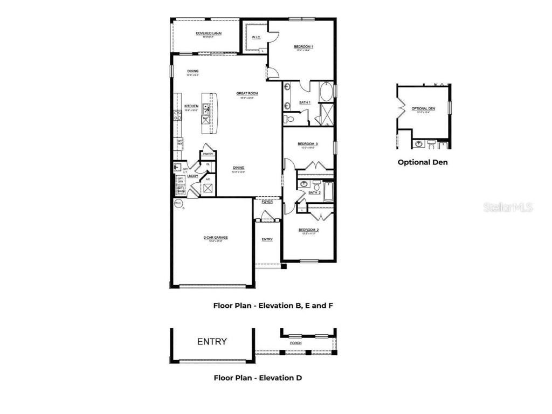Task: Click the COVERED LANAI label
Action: [x=208, y=33]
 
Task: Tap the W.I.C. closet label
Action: [x=256, y=37]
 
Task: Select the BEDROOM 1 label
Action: [x=303, y=47]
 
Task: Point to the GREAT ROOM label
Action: [x=247, y=93]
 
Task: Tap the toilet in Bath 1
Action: [x=289, y=118]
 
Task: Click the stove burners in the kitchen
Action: [x=177, y=114]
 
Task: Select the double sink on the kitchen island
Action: [x=206, y=109]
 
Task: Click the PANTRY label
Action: [x=208, y=154]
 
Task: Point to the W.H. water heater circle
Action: [x=178, y=204]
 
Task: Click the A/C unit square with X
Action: [x=208, y=188]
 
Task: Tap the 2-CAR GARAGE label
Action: [x=212, y=238]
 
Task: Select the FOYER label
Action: [x=267, y=202]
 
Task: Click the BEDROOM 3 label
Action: [x=308, y=144]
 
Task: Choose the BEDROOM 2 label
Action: [x=308, y=230]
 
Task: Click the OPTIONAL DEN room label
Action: [x=423, y=108]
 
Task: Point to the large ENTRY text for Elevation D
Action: [x=212, y=341]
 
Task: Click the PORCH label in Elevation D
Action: [x=295, y=343]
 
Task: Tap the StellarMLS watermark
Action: [x=508, y=207]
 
